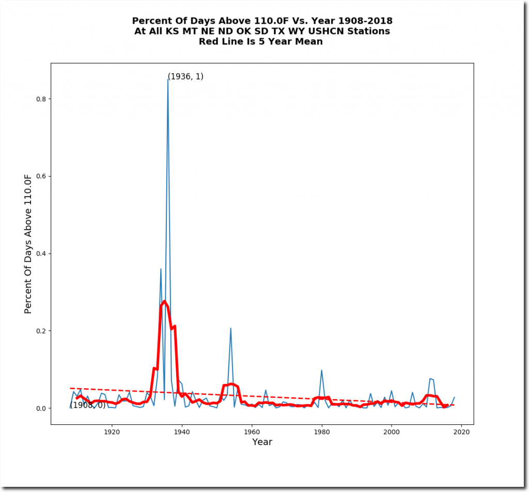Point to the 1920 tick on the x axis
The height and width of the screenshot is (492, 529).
[x=112, y=432]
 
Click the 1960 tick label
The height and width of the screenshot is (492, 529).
[x=252, y=432]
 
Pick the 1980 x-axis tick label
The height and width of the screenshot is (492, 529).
[x=322, y=432]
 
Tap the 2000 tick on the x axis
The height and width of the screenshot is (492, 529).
[x=392, y=432]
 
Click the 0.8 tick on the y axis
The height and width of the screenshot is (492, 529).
[x=41, y=99]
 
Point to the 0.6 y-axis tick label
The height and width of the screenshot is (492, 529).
[x=41, y=176]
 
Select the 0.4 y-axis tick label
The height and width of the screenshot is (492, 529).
[x=41, y=253]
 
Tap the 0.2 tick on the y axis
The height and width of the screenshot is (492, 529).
[x=41, y=331]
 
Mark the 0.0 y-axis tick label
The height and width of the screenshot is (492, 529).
[x=41, y=408]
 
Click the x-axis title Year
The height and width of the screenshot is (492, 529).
[x=262, y=442]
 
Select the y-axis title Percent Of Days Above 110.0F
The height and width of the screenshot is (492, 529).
[x=28, y=244]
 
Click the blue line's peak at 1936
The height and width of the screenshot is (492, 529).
[x=168, y=80]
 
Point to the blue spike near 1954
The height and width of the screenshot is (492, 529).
[x=230, y=328]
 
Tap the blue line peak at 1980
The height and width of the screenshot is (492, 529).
[x=322, y=370]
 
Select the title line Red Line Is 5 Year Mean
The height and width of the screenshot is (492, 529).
[x=261, y=42]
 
